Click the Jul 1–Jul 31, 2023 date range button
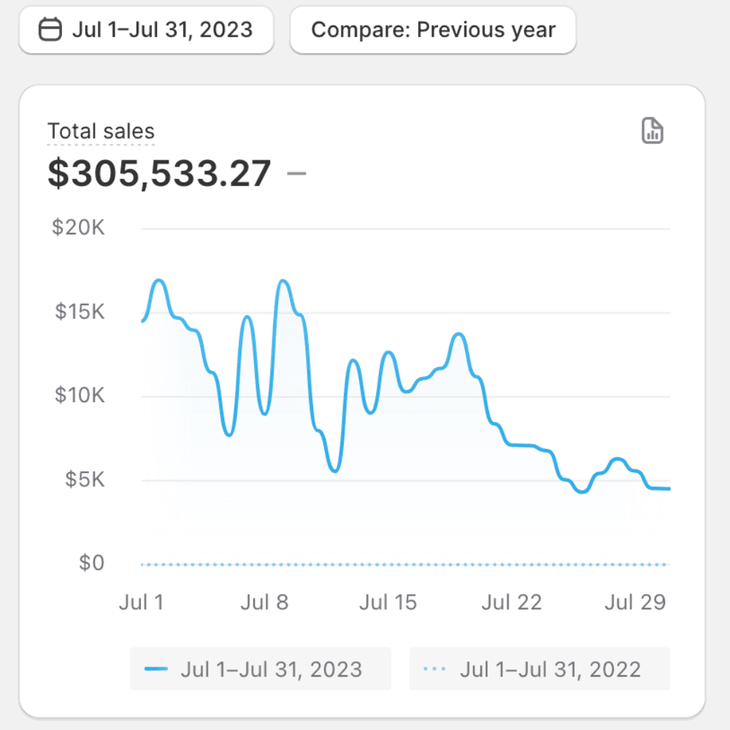(146, 30)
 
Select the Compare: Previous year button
(433, 30)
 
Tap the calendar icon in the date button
(50, 30)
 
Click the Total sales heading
(101, 131)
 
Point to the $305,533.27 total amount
(159, 174)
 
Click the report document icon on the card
(652, 131)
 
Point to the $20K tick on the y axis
(79, 228)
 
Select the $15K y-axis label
(79, 312)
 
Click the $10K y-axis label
(79, 396)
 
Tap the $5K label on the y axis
(85, 480)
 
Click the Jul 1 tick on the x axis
(142, 602)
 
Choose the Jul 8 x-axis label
(264, 602)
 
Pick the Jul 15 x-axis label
(388, 602)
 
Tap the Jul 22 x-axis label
(512, 602)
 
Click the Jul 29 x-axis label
(635, 602)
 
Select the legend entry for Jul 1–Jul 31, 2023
(261, 669)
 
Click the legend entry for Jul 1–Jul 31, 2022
(539, 669)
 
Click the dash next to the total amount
(296, 174)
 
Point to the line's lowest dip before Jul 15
(334, 471)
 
